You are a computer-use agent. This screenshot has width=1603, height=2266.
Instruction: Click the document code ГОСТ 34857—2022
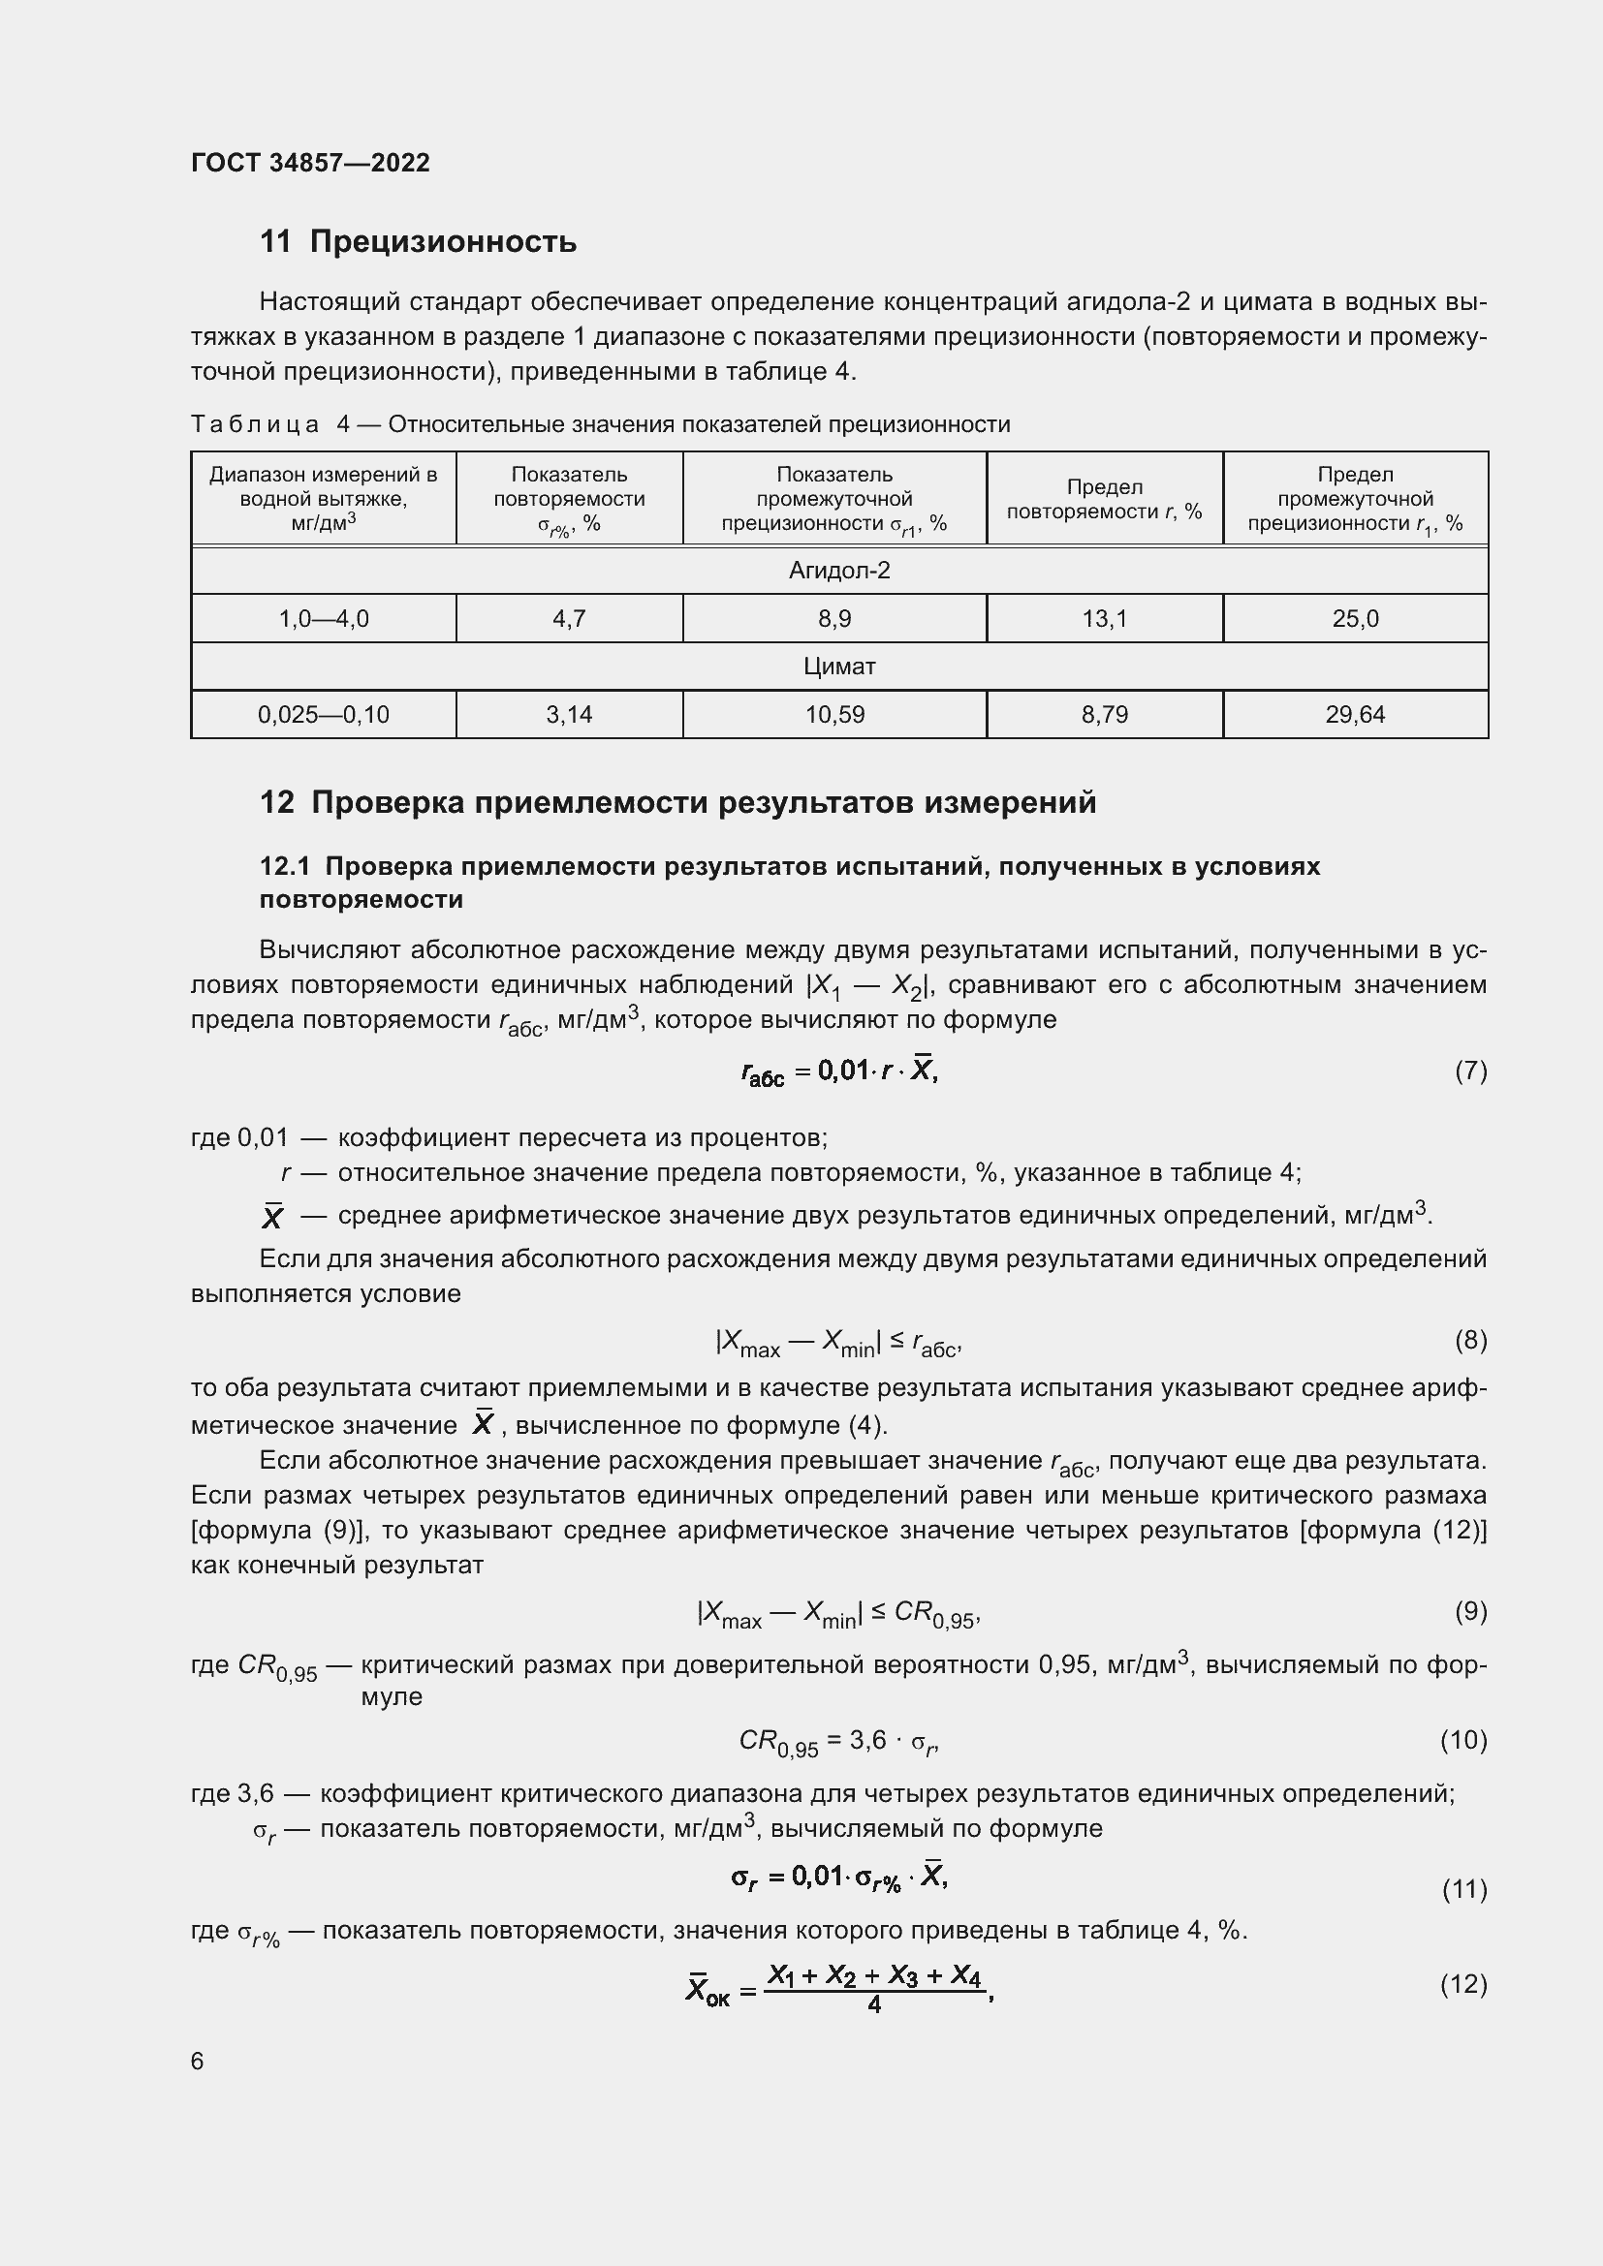(310, 163)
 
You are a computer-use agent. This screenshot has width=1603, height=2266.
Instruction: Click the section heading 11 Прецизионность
(418, 242)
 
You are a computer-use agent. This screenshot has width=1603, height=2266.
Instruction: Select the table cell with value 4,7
(569, 619)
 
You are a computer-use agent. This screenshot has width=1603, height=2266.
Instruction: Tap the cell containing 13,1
(1104, 619)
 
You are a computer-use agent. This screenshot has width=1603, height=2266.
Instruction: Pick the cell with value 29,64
(1354, 715)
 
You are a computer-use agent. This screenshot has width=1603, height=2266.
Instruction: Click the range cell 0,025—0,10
(323, 715)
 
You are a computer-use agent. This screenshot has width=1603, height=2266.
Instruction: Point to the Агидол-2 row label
(839, 571)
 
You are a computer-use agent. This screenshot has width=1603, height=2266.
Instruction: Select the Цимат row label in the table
(839, 667)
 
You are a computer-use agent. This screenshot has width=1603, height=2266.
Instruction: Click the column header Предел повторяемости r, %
(1104, 498)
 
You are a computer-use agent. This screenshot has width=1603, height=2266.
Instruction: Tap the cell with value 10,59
(834, 715)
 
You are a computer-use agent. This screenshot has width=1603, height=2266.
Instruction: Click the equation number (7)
(1470, 1071)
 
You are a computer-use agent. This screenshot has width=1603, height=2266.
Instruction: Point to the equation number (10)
(1462, 1740)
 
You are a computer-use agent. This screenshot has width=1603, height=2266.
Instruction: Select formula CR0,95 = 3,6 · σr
(838, 1743)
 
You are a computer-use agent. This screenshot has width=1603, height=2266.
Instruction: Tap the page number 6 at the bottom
(198, 2062)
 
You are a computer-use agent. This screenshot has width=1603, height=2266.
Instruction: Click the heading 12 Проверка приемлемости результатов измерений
(677, 802)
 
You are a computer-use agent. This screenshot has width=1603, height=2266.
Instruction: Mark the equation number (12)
(1462, 1985)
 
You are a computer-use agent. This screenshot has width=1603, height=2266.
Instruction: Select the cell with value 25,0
(1354, 619)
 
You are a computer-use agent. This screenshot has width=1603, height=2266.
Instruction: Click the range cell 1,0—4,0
(323, 619)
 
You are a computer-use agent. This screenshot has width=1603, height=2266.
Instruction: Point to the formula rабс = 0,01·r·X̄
(839, 1071)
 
